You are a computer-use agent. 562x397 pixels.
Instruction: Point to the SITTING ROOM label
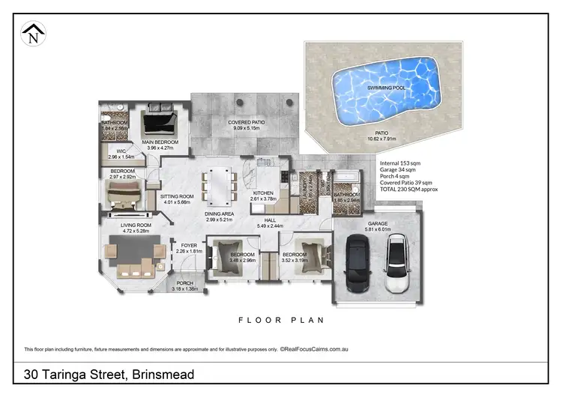[177, 196]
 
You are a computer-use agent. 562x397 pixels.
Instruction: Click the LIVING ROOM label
[136, 225]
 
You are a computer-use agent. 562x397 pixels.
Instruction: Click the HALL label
[268, 220]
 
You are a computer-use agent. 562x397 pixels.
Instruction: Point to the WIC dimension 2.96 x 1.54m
[121, 157]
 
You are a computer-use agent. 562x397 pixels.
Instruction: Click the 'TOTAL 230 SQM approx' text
[409, 190]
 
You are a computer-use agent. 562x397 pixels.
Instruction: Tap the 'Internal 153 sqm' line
[399, 163]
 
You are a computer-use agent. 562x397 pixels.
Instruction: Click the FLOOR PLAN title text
[281, 320]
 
